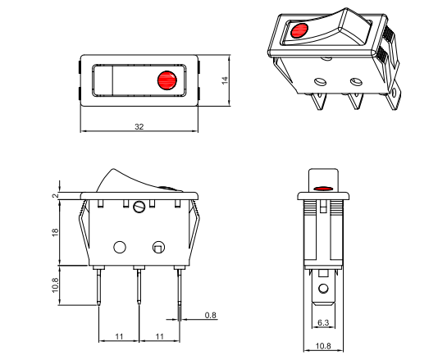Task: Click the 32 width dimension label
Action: tap(139, 125)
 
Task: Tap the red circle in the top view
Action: tap(167, 80)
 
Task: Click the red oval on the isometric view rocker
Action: tap(299, 33)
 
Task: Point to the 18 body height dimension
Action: tap(56, 233)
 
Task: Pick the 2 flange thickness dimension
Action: tap(56, 195)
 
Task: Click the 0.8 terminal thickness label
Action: tap(211, 315)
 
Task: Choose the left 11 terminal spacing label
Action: tap(119, 337)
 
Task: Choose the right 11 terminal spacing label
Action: tap(159, 337)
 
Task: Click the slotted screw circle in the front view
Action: tap(139, 207)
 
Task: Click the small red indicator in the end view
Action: tap(326, 189)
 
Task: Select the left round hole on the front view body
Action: tap(121, 246)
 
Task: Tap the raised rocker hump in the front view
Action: tap(123, 177)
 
